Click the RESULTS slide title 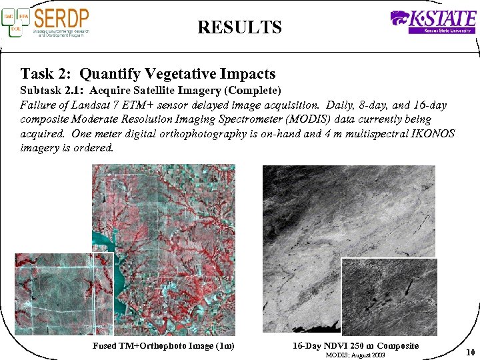pos(239,27)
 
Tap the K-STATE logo pos(433,21)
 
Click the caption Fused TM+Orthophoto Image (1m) pos(164,345)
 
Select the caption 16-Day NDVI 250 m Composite pos(355,345)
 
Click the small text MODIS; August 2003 pos(355,355)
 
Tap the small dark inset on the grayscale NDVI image pos(389,297)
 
